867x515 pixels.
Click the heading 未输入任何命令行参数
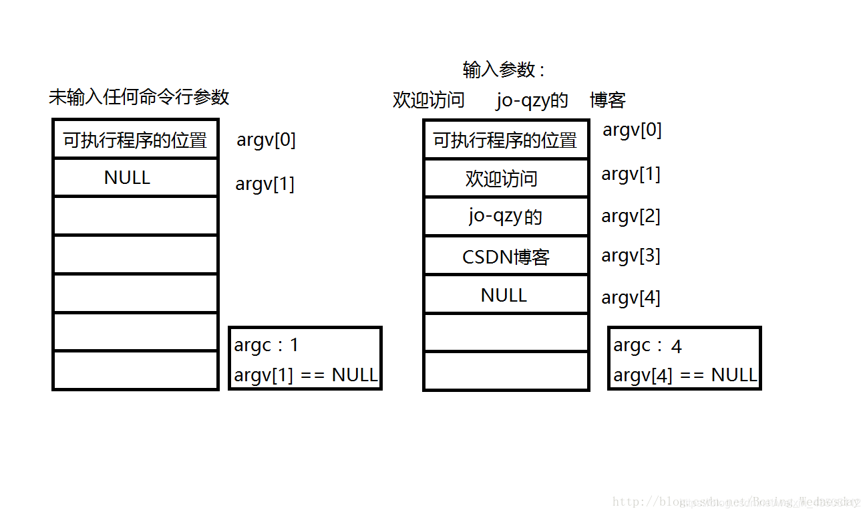pyautogui.click(x=139, y=97)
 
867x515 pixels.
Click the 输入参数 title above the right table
pyautogui.click(x=503, y=70)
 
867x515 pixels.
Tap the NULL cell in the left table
pyautogui.click(x=128, y=177)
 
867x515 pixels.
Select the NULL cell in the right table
pyautogui.click(x=504, y=295)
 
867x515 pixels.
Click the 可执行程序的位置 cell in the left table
pyautogui.click(x=136, y=140)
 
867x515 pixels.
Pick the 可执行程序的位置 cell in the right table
pyautogui.click(x=505, y=140)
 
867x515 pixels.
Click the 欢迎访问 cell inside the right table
pyautogui.click(x=502, y=179)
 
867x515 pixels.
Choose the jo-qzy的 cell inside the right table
pyautogui.click(x=506, y=217)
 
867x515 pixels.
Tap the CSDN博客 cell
pyautogui.click(x=506, y=257)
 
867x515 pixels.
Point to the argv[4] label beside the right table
pyautogui.click(x=631, y=298)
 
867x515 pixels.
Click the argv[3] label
pyautogui.click(x=631, y=255)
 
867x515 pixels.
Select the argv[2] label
pyautogui.click(x=631, y=216)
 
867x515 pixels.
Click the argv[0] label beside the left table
pyautogui.click(x=266, y=140)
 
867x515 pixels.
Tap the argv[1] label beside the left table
pyautogui.click(x=265, y=184)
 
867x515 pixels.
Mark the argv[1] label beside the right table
pyautogui.click(x=631, y=174)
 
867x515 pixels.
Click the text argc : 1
pyautogui.click(x=267, y=345)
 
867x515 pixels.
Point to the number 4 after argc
pyautogui.click(x=677, y=346)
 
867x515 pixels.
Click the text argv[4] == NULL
pyautogui.click(x=685, y=375)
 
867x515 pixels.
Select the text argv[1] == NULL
pyautogui.click(x=306, y=375)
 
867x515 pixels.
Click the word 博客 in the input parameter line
pyautogui.click(x=607, y=100)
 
